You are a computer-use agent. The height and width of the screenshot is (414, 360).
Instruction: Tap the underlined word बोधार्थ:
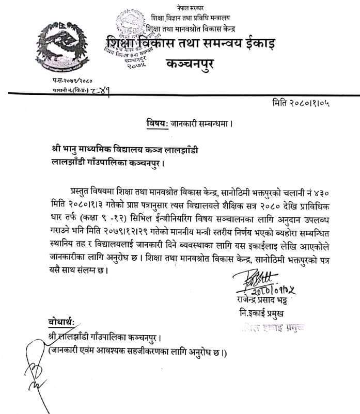coord(59,323)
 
